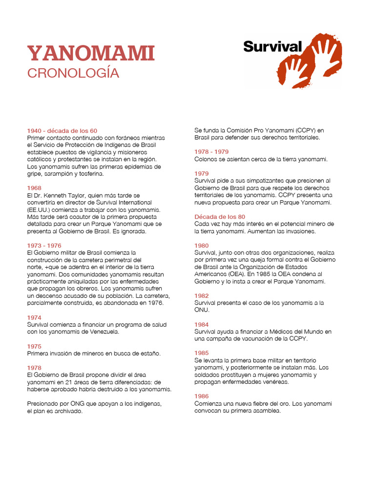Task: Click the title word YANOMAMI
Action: coord(91,54)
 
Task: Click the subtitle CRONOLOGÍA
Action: coord(73,73)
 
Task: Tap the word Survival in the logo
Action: coord(272,47)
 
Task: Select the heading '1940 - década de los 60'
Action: coord(62,131)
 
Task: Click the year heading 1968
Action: coord(34,188)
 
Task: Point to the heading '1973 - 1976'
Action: coord(44,246)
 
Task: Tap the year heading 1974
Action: coord(34,317)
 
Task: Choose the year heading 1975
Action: coord(34,346)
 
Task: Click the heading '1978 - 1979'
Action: coord(211,152)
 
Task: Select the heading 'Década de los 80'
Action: coord(220,217)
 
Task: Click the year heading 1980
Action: coord(202,246)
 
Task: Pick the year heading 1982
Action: coord(202,296)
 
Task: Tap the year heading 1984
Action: coord(202,325)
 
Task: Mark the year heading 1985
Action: coord(202,353)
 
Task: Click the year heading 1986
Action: coord(202,396)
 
